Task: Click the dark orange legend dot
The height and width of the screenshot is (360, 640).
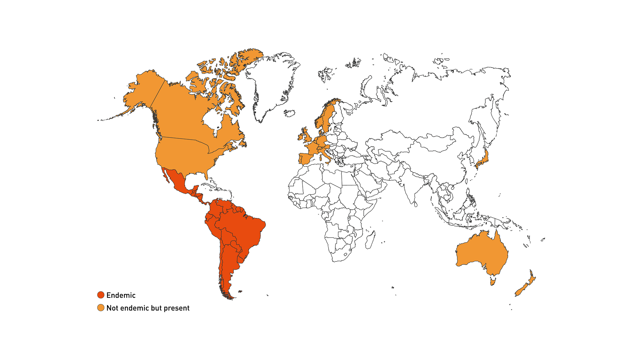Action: click(101, 295)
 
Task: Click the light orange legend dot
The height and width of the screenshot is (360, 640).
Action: click(101, 308)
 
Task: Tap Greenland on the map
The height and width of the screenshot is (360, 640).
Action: click(272, 83)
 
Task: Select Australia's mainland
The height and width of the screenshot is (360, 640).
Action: click(482, 253)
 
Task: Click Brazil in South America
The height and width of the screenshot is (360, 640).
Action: click(243, 230)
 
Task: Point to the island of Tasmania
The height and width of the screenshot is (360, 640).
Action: click(493, 282)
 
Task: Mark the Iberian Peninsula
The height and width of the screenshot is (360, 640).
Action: click(305, 158)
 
